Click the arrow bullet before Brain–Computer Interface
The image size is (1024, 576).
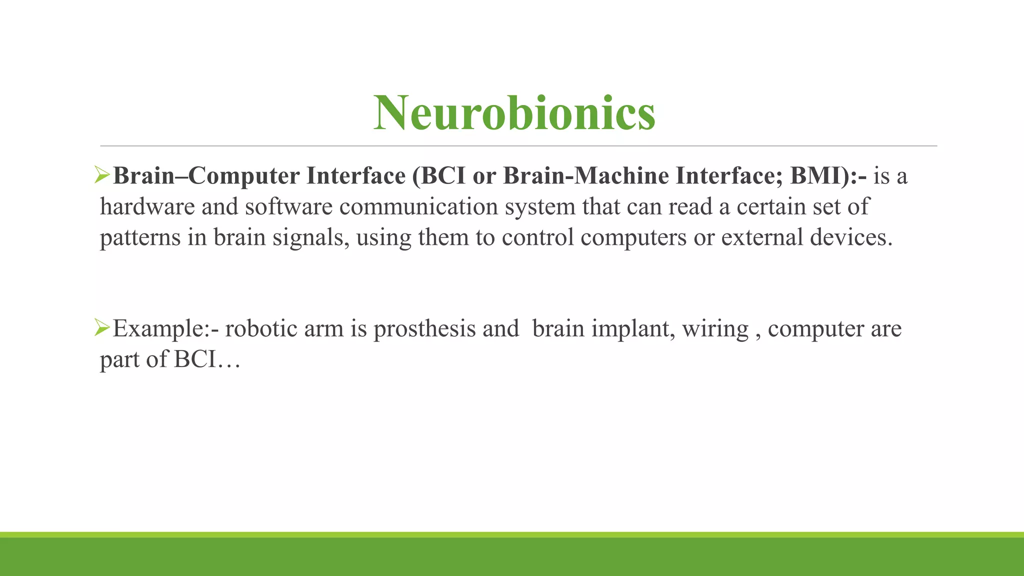click(102, 175)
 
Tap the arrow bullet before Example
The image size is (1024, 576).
click(102, 328)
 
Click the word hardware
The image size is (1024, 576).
click(147, 207)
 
